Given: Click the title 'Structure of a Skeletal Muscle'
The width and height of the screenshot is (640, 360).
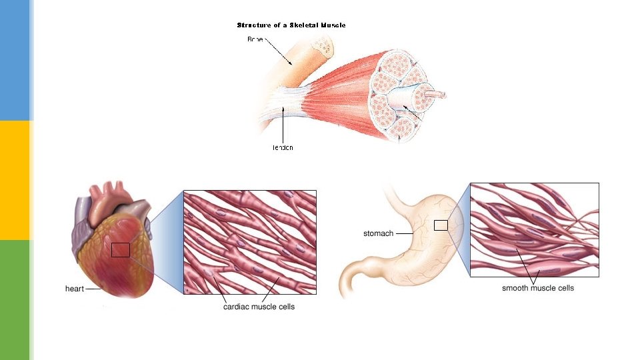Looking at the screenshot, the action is [x=291, y=25].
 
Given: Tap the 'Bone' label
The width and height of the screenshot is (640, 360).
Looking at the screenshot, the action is [x=255, y=39].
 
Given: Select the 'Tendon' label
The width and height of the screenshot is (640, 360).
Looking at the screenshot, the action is [x=283, y=147].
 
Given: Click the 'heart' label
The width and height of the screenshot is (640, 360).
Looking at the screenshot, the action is [x=75, y=289].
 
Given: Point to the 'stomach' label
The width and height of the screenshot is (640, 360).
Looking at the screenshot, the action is [x=378, y=234].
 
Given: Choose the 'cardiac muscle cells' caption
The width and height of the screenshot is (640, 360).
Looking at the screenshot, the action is [x=259, y=307].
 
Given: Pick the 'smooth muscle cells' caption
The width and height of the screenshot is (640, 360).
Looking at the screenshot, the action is [x=537, y=288].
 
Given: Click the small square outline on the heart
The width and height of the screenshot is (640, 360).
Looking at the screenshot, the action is [x=121, y=250].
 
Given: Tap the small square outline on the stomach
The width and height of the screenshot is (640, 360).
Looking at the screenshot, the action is [x=441, y=225].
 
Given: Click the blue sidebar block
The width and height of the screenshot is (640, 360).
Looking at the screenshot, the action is [x=15, y=60].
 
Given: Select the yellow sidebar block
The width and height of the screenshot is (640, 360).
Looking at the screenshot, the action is [x=15, y=180].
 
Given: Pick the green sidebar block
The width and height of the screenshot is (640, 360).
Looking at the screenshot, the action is [x=15, y=300].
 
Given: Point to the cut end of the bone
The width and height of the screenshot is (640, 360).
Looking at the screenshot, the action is [x=325, y=45].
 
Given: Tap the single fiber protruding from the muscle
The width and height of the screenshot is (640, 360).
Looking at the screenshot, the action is [x=437, y=95].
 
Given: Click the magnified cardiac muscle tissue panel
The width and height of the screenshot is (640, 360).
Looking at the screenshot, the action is [x=250, y=242].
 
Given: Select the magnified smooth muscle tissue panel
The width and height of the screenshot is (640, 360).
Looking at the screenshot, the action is [x=534, y=230].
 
